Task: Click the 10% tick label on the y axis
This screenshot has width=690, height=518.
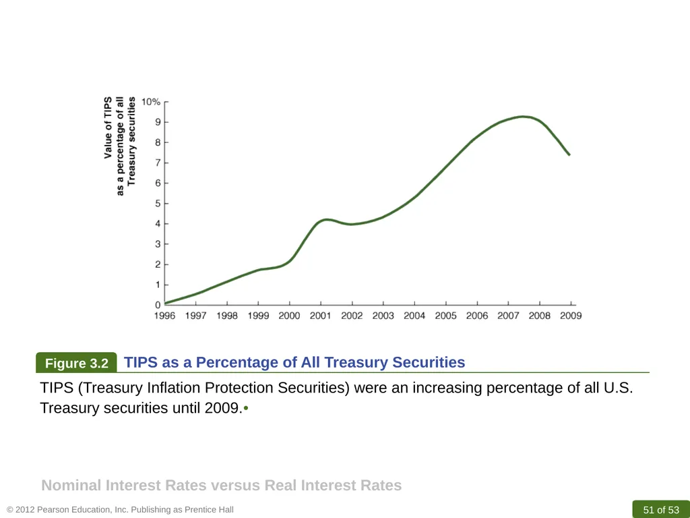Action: click(150, 102)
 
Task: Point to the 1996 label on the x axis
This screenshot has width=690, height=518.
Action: click(164, 316)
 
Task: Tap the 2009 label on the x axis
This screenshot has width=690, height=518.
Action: click(571, 316)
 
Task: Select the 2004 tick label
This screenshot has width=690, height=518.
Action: click(414, 316)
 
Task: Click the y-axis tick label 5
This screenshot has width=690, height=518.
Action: click(158, 204)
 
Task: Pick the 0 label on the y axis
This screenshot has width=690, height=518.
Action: click(158, 305)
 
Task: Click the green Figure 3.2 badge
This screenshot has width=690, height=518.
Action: click(77, 363)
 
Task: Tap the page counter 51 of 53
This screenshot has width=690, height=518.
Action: click(661, 510)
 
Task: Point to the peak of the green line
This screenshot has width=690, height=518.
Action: click(523, 117)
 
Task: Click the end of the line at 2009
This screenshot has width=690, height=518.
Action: click(569, 154)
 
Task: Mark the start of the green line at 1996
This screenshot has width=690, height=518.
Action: click(165, 303)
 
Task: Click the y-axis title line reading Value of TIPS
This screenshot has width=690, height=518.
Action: click(108, 127)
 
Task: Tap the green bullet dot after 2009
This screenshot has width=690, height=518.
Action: click(246, 408)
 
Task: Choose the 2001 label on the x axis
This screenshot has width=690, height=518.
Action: click(321, 316)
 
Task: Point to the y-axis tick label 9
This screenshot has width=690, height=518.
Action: click(158, 122)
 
